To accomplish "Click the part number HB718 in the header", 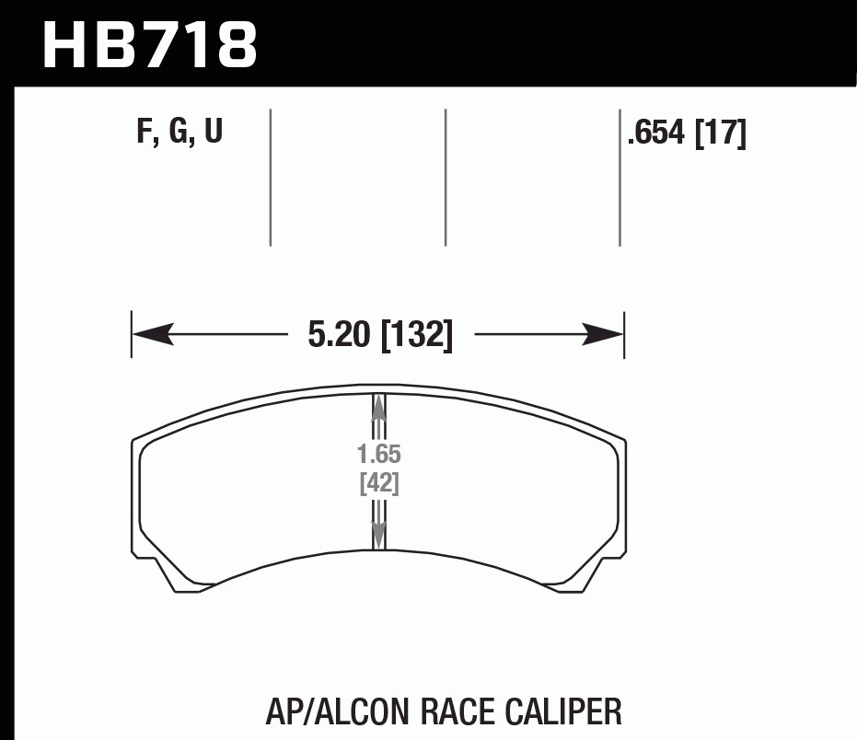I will [150, 43].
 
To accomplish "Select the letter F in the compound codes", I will [145, 133].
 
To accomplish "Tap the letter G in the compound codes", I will [178, 133].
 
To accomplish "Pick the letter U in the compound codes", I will [213, 133].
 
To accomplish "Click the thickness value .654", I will [656, 134].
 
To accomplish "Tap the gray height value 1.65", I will [378, 455].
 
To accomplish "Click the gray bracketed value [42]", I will [378, 483].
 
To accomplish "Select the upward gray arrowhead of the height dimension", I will [377, 410].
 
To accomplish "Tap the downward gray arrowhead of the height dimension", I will [377, 533].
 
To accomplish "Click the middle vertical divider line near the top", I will [446, 177].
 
